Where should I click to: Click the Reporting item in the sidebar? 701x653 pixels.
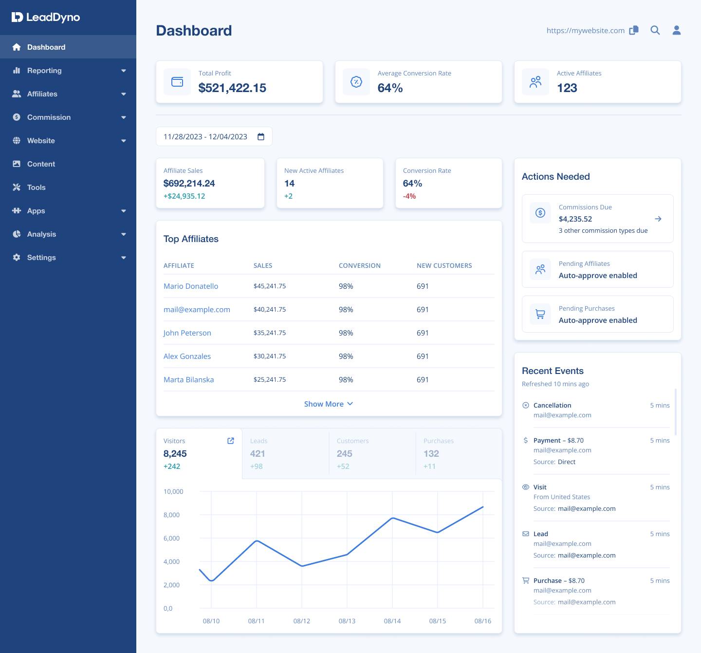tap(44, 71)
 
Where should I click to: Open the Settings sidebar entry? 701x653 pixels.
tap(41, 258)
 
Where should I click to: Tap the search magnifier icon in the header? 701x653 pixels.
tap(655, 30)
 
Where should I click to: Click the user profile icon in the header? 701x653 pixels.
tap(677, 30)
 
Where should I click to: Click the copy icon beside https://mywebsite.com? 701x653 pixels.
tap(634, 30)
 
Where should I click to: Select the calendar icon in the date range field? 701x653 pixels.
tap(261, 137)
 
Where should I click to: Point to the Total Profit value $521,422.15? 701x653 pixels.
tap(232, 88)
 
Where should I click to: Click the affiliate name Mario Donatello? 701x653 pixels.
tap(191, 286)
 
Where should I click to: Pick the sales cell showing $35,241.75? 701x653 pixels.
tap(270, 333)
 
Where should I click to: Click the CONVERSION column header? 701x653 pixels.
tap(360, 266)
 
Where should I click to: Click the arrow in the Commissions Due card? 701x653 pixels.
tap(658, 219)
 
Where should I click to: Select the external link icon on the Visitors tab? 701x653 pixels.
tap(231, 441)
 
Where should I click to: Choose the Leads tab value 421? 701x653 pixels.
tap(258, 454)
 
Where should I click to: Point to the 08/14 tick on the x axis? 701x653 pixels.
tap(392, 621)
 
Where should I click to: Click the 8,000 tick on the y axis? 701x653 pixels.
tap(171, 515)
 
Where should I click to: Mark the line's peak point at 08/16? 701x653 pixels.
tap(483, 507)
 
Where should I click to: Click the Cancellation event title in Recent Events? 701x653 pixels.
tap(552, 406)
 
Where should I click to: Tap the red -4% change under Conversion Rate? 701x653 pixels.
tap(409, 196)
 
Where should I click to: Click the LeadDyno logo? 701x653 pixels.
tap(46, 18)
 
